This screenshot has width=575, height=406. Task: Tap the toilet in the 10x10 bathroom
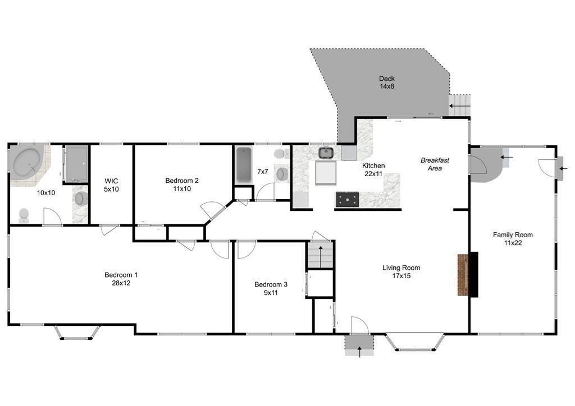pyautogui.click(x=24, y=215)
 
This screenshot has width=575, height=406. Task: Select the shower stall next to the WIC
pyautogui.click(x=76, y=164)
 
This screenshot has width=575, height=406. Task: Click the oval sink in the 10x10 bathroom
pyautogui.click(x=81, y=198)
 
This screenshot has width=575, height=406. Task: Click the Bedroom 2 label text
pyautogui.click(x=181, y=184)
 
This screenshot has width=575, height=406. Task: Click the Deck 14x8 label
pyautogui.click(x=387, y=82)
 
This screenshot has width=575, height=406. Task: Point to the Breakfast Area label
pyautogui.click(x=435, y=164)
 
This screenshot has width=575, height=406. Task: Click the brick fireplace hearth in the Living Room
pyautogui.click(x=463, y=275)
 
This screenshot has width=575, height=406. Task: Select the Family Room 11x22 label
pyautogui.click(x=513, y=239)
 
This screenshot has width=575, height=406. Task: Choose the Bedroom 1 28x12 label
pyautogui.click(x=121, y=279)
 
